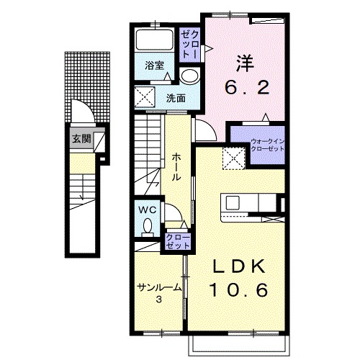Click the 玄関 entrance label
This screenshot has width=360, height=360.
coord(81,139)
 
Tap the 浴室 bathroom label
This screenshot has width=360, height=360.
coord(154,66)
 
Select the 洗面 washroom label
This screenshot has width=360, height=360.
coord(176,98)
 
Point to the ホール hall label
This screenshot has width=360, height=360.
coord(176,167)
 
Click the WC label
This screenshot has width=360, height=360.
coord(148,210)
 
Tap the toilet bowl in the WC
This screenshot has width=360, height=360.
coord(148,227)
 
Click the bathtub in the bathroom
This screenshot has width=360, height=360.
coord(154,39)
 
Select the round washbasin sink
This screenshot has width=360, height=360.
coord(189,76)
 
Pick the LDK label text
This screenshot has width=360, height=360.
coord(239,266)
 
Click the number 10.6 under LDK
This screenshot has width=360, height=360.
coord(239,289)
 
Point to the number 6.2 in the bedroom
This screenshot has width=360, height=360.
coord(247,87)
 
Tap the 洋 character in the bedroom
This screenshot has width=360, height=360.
coord(245,63)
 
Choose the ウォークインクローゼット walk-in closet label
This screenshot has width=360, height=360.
coord(267,145)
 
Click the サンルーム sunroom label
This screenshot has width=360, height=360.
coord(159,287)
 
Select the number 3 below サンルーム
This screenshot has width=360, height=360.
coord(158,300)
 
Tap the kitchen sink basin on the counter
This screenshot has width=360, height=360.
coord(233,203)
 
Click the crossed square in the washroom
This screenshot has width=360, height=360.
coord(145,97)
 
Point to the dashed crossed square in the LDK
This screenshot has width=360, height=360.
coord(233,158)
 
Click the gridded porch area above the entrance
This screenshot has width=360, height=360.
coord(88,87)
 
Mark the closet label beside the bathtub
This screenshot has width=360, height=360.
coord(189,45)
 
